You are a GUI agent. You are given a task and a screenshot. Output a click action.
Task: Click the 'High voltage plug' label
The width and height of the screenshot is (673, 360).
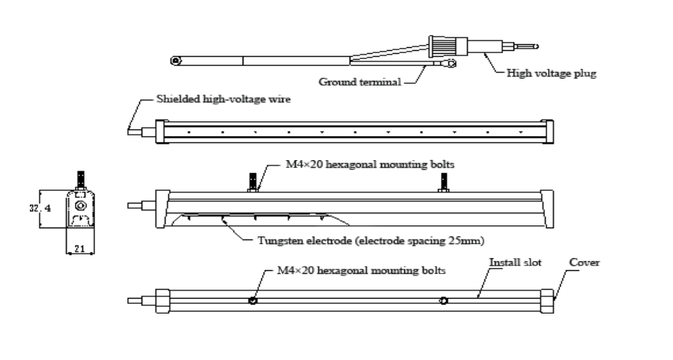[x=551, y=73]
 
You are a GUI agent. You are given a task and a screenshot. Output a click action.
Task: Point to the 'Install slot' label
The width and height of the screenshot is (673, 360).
[x=516, y=263]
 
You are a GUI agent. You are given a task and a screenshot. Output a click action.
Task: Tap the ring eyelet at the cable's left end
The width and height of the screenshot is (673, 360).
[x=176, y=60]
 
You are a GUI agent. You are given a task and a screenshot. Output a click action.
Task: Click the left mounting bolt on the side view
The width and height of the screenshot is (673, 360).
[x=253, y=182]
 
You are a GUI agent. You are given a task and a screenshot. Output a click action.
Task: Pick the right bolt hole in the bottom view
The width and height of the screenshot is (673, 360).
[x=445, y=301]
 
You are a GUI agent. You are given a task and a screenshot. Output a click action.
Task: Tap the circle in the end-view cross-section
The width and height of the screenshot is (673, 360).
[x=80, y=204]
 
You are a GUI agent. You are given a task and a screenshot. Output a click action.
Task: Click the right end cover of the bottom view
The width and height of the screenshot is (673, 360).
[x=546, y=301]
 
